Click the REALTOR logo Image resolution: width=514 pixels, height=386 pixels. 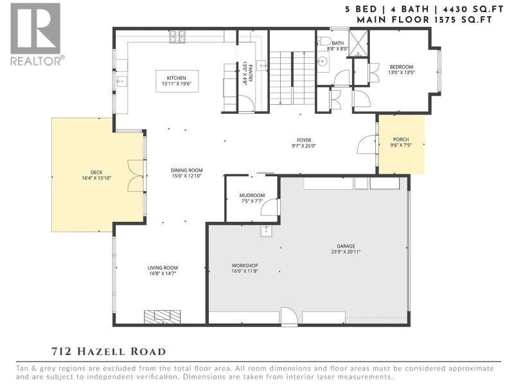tap(36, 34)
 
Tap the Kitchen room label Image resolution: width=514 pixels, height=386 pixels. tap(176, 78)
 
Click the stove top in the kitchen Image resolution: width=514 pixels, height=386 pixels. tap(177, 37)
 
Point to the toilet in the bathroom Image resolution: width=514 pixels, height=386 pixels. tap(324, 41)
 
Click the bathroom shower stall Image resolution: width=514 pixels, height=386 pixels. tap(359, 44)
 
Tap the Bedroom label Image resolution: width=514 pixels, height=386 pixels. tap(401, 67)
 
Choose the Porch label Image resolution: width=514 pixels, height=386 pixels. tap(401, 140)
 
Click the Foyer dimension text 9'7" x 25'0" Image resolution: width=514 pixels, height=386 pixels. tap(304, 146)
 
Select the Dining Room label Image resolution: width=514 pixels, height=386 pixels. tap(186, 170)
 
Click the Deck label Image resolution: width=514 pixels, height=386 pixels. tap(96, 172)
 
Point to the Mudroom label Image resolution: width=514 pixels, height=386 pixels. tap(252, 196)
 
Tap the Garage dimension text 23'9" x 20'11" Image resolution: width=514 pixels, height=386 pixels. tap(346, 252)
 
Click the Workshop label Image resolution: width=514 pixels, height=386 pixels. tap(245, 265)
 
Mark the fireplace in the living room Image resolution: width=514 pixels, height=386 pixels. tap(163, 317)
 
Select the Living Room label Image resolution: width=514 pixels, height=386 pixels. tap(163, 268)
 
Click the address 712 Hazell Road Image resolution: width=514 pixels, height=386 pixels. tap(109, 351)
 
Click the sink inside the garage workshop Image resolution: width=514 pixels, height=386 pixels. tap(265, 232)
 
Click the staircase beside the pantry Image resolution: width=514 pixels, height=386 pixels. tap(292, 78)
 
